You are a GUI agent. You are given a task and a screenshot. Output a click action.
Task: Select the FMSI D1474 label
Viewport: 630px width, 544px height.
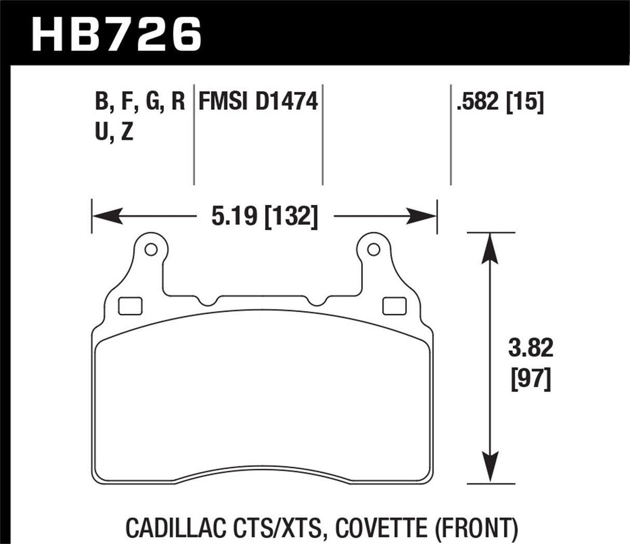pos(258,101)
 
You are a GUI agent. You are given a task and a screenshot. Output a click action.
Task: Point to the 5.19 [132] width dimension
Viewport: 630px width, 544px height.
pos(264,216)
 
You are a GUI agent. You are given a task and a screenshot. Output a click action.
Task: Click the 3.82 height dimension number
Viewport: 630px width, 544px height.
pos(530,349)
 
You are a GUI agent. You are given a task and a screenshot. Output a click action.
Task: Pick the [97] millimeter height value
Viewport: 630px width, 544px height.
pos(530,381)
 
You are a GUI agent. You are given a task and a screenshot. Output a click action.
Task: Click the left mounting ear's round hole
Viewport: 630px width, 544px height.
pos(151,250)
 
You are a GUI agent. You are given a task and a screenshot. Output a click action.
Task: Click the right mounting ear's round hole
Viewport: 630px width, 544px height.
pos(371,250)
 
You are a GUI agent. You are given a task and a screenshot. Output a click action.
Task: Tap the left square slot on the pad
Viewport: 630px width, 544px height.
pos(130,306)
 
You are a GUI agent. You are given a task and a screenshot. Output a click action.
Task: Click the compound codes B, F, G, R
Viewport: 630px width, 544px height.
pos(140,101)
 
